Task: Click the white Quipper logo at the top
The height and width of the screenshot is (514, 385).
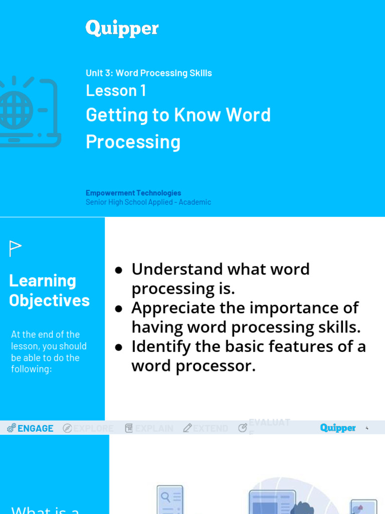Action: pyautogui.click(x=122, y=29)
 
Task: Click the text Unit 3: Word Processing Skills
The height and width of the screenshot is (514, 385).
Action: pyautogui.click(x=148, y=73)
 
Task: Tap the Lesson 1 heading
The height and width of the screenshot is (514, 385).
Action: pyautogui.click(x=116, y=91)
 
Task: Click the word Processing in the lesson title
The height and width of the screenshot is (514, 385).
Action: pyautogui.click(x=133, y=142)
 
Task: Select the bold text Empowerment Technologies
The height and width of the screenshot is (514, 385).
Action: pyautogui.click(x=133, y=193)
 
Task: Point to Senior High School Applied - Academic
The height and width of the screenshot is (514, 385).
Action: pyautogui.click(x=148, y=202)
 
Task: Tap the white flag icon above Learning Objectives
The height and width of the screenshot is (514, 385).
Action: pyautogui.click(x=16, y=248)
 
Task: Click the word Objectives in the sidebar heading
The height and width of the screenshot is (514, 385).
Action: pyautogui.click(x=49, y=301)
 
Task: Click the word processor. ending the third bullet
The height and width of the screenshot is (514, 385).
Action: pyautogui.click(x=226, y=366)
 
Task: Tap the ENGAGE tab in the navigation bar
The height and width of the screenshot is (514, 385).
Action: pyautogui.click(x=35, y=428)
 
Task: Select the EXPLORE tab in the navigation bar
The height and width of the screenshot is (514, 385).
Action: pyautogui.click(x=94, y=428)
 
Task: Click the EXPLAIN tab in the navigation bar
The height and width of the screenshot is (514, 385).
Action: pyautogui.click(x=154, y=428)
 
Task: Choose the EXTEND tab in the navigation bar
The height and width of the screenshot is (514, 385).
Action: pyautogui.click(x=211, y=428)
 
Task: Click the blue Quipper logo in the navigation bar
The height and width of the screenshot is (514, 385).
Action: pyautogui.click(x=338, y=428)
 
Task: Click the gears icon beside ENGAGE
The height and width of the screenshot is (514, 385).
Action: pyautogui.click(x=12, y=428)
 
